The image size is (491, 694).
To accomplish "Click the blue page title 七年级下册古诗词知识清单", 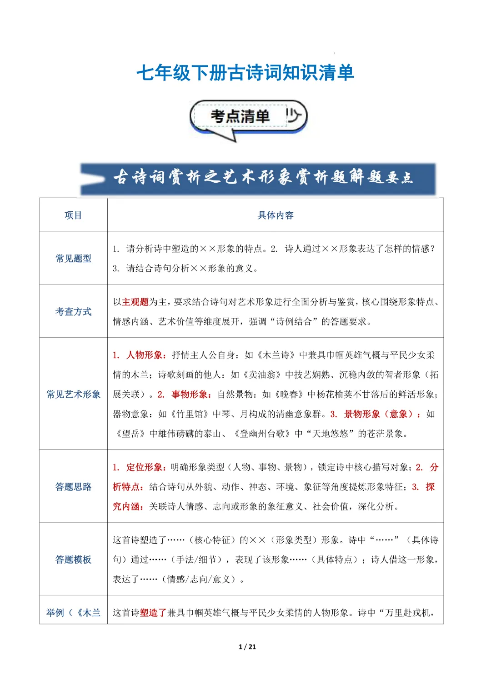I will point(245,73).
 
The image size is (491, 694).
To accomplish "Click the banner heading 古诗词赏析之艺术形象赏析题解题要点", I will point(263,177).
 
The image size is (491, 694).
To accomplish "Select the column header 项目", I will point(73,215).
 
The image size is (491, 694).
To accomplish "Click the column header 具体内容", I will point(276,215).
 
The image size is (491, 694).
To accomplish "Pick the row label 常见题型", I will point(73,258).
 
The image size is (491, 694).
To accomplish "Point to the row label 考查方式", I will point(73,311).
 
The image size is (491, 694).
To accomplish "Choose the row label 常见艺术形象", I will point(73,394).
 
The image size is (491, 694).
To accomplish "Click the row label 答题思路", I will point(73,487).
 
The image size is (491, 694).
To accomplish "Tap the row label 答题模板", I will point(73,559).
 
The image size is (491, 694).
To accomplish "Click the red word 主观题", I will point(135,302).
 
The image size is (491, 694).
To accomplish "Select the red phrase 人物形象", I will point(146,355).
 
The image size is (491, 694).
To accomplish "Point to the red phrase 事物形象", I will point(191,394).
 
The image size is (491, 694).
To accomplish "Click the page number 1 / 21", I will point(247,647).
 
